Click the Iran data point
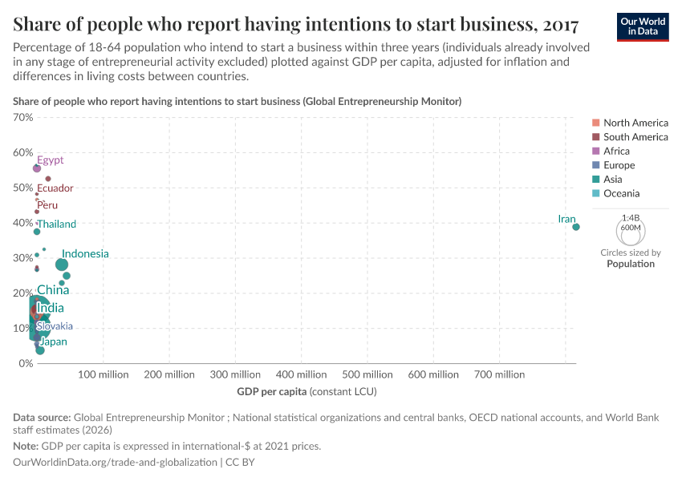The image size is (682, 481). pyautogui.click(x=576, y=227)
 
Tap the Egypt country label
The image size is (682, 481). pyautogui.click(x=50, y=160)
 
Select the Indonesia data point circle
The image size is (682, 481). pyautogui.click(x=62, y=265)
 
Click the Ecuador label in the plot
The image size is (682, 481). pyautogui.click(x=55, y=188)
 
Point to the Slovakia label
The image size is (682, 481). pyautogui.click(x=55, y=326)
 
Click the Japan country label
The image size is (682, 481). pyautogui.click(x=53, y=342)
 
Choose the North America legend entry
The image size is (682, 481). pyautogui.click(x=635, y=123)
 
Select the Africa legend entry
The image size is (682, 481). pyautogui.click(x=616, y=151)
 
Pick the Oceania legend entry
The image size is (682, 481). pyautogui.click(x=621, y=193)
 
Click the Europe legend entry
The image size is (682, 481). pyautogui.click(x=619, y=165)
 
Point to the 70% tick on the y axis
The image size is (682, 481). pyautogui.click(x=22, y=117)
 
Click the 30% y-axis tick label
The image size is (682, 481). pyautogui.click(x=22, y=258)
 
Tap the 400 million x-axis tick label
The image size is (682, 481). pyautogui.click(x=301, y=374)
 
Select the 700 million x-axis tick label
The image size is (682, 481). pyautogui.click(x=500, y=374)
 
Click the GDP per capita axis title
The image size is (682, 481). pyautogui.click(x=306, y=392)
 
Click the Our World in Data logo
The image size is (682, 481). pyautogui.click(x=643, y=26)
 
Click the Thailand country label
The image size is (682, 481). pyautogui.click(x=57, y=224)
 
